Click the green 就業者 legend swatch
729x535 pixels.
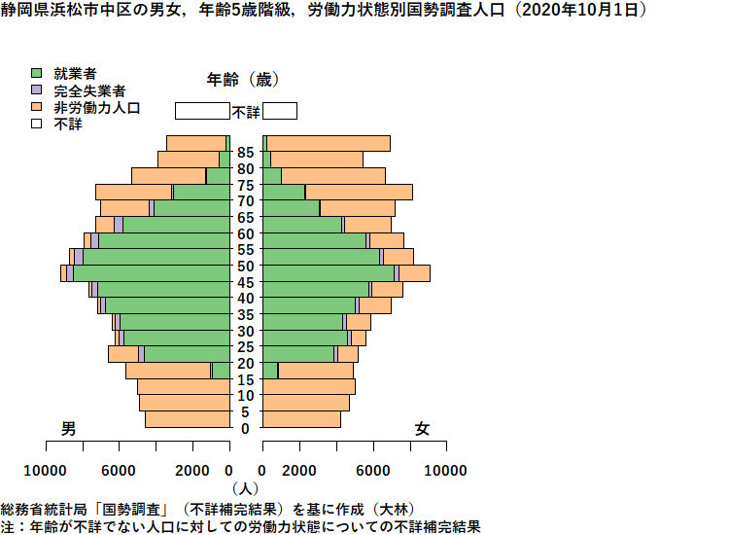tap(36, 73)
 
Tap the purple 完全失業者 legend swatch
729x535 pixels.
tap(36, 89)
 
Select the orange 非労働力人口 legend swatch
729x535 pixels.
tap(36, 107)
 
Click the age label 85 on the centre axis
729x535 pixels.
tap(246, 153)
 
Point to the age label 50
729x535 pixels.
tap(246, 267)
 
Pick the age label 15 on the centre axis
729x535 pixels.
tap(246, 379)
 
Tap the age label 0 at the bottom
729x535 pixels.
tap(246, 428)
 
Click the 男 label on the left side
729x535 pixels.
tap(68, 428)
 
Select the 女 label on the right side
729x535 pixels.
tap(422, 428)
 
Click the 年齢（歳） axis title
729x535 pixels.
tap(243, 80)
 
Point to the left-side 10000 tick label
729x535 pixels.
tap(45, 471)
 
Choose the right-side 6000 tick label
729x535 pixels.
tap(373, 471)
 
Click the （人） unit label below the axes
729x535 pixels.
tap(245, 488)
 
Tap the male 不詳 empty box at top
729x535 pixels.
tap(203, 111)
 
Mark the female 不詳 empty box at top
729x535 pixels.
tap(280, 111)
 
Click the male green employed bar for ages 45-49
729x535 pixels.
tap(152, 273)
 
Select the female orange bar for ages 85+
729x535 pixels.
tap(329, 144)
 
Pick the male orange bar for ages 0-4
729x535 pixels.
tap(188, 419)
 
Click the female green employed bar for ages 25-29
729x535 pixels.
tap(305, 339)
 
